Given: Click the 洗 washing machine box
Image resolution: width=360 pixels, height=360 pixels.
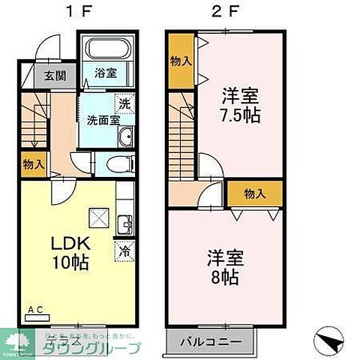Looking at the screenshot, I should pyautogui.click(x=122, y=103).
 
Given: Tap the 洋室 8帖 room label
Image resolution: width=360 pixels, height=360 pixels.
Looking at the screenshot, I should pyautogui.click(x=223, y=267).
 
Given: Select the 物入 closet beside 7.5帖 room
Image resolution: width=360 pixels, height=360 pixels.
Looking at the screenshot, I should pyautogui.click(x=179, y=62).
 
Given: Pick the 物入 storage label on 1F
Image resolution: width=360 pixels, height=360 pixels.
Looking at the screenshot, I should pyautogui.click(x=32, y=162).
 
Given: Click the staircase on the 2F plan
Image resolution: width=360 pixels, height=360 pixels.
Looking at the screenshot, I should pyautogui.click(x=182, y=142).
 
